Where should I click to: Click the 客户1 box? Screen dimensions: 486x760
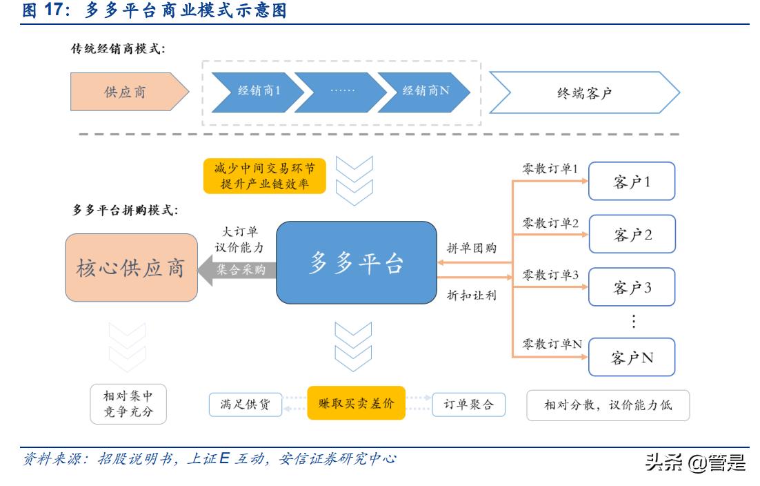coord(632,182)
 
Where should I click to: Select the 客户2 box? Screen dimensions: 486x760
coord(632,235)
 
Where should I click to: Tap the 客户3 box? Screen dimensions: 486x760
coord(632,288)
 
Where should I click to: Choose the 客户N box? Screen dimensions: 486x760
coord(632,358)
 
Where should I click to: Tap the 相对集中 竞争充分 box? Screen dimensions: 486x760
coord(129,405)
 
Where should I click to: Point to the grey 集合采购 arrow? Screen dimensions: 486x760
coord(237,270)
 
